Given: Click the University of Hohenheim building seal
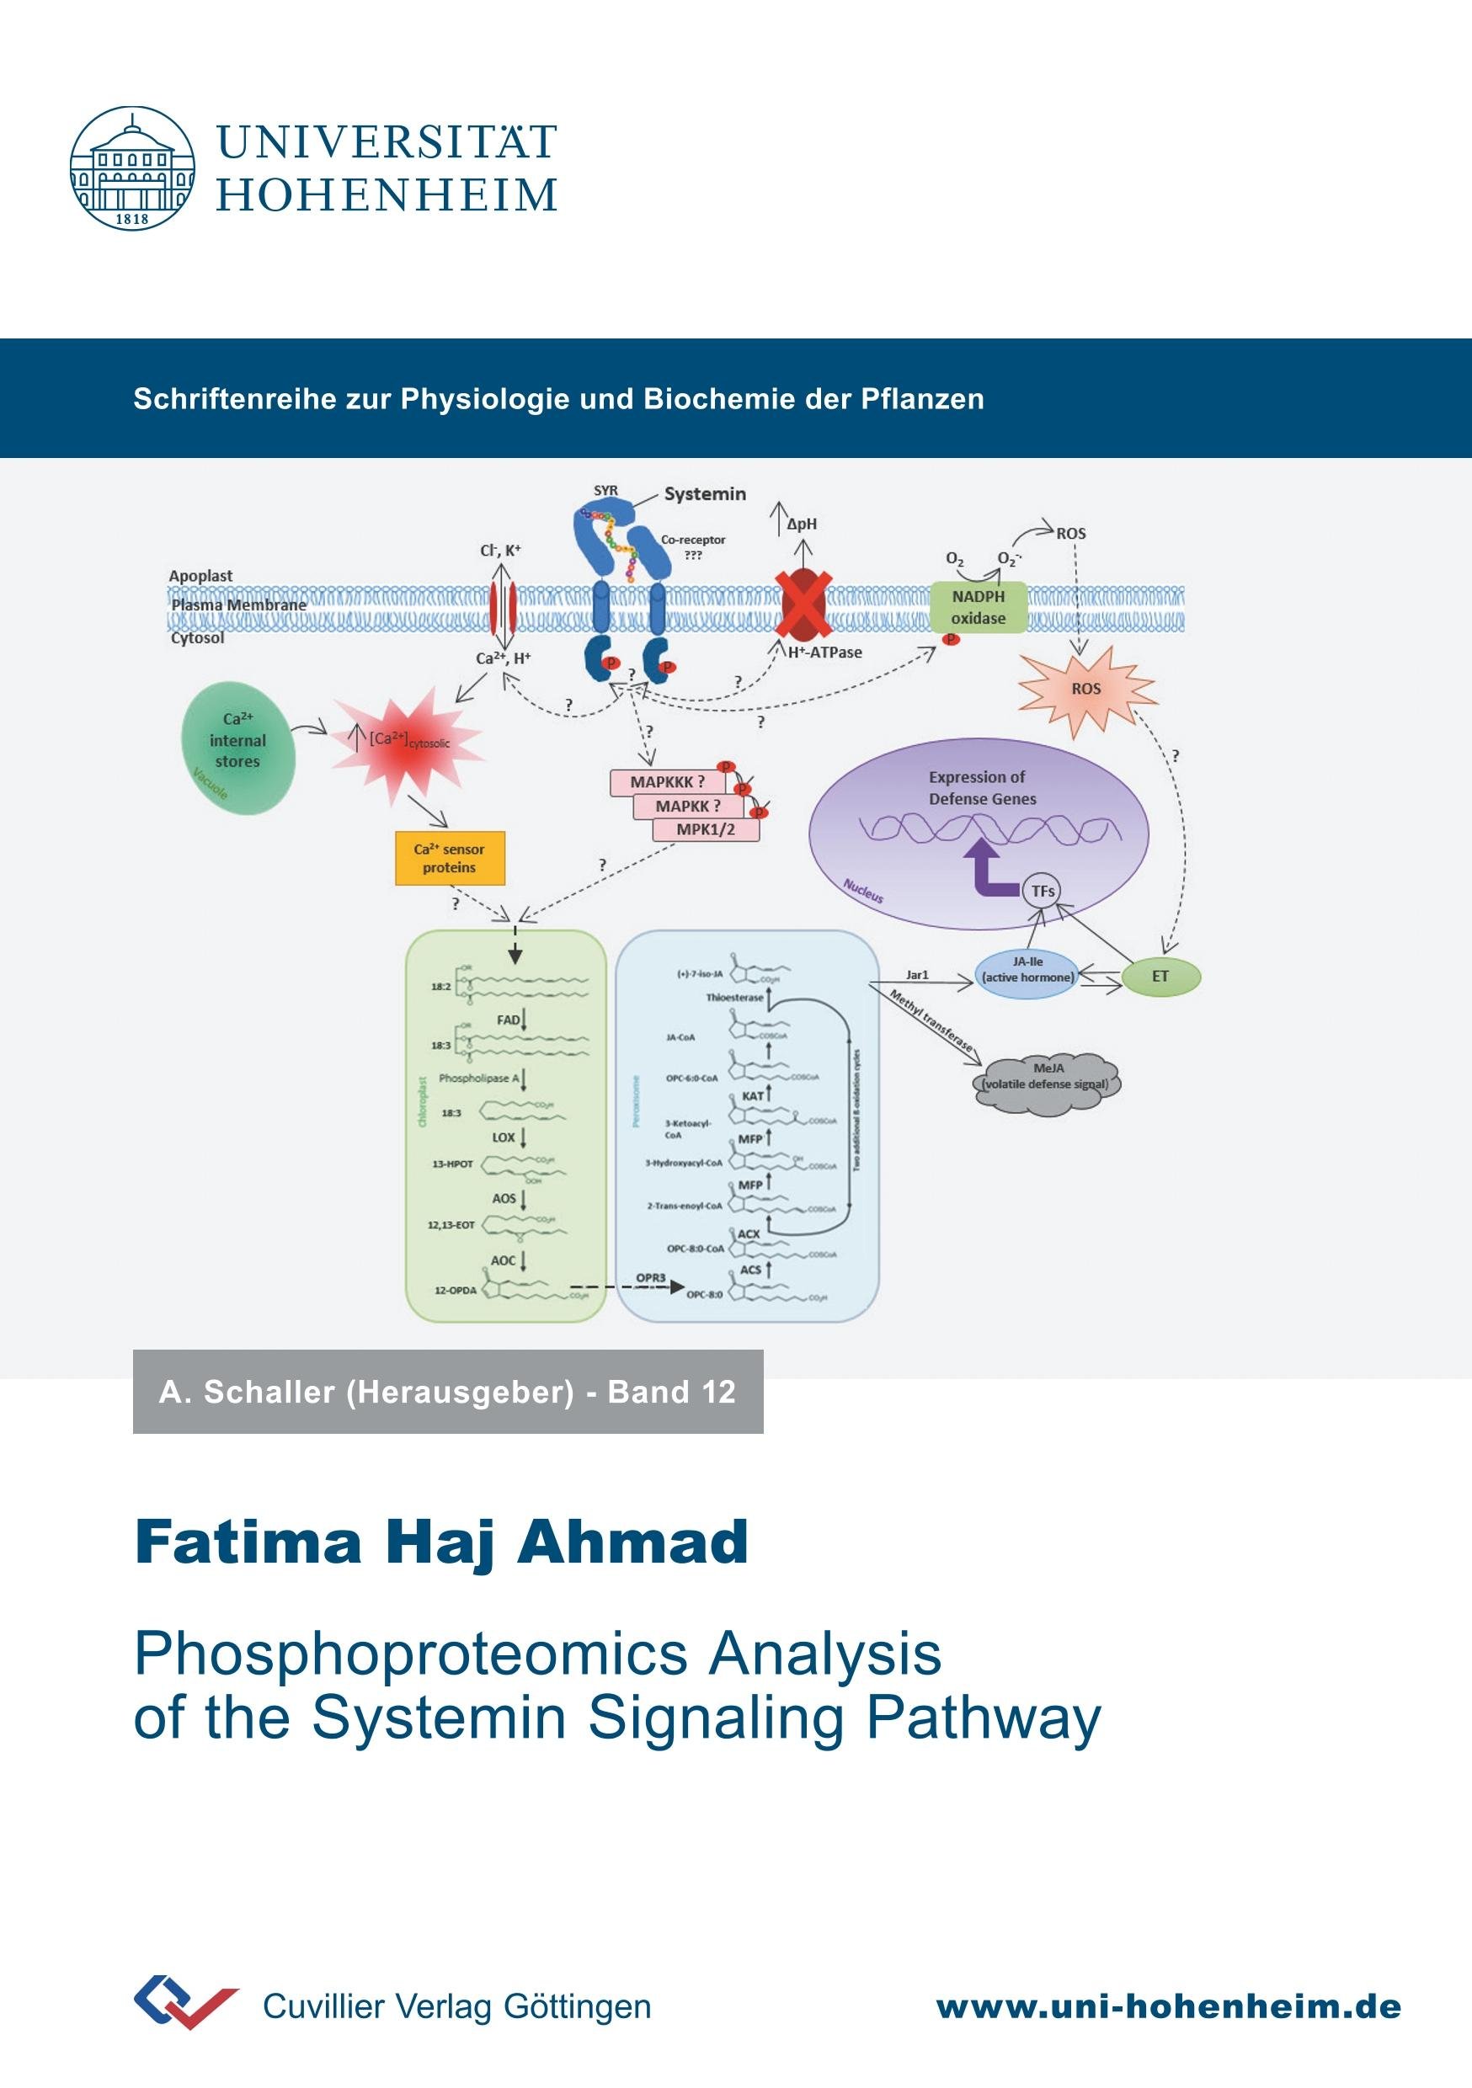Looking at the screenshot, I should point(132,168).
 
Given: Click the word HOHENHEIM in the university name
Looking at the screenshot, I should point(387,195).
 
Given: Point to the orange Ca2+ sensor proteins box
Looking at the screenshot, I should point(450,858).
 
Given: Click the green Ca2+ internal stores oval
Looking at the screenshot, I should point(238,748).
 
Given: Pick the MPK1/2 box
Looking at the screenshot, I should point(706,829).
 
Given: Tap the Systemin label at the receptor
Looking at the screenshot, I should point(704,494).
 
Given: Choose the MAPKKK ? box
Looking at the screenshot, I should point(668,782).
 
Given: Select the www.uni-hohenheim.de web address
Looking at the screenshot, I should point(1168,2007).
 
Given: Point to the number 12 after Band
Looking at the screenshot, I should point(717,1393).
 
